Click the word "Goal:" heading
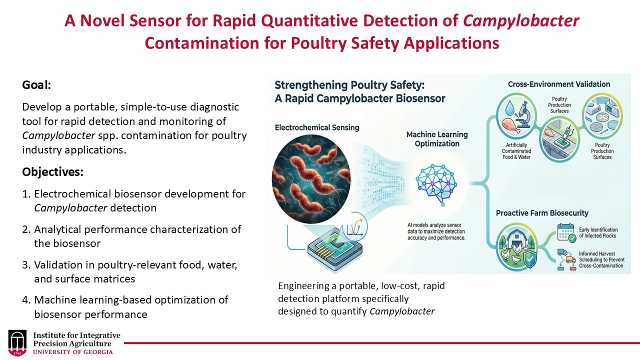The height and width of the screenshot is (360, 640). (x=37, y=85)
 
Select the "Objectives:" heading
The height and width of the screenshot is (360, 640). (x=52, y=172)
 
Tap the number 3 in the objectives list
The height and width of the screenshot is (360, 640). (x=25, y=265)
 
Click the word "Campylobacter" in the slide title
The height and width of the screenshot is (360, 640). (x=521, y=21)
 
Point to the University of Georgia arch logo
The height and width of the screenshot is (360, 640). (x=18, y=343)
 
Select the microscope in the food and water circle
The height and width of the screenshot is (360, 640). (x=523, y=114)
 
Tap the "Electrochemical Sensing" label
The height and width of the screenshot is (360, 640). (x=317, y=127)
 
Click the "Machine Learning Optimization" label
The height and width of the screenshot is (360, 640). (x=437, y=139)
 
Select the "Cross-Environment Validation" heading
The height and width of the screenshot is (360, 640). (x=559, y=84)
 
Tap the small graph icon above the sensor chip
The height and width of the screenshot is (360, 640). (x=356, y=227)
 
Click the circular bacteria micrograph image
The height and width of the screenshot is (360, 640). (x=311, y=178)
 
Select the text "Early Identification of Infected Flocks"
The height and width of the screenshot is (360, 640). (x=598, y=232)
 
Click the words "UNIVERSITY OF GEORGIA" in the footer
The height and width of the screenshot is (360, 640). (x=73, y=351)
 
